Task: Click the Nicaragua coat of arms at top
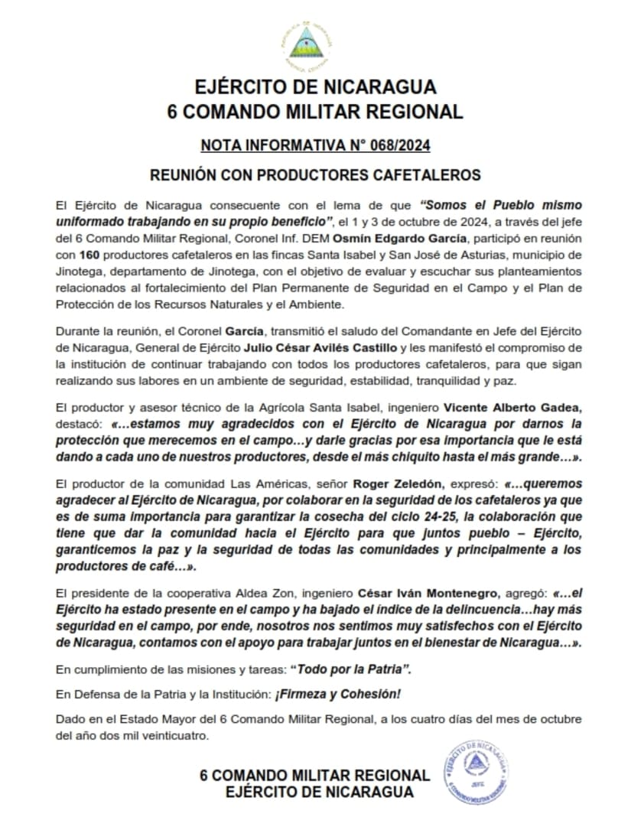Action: point(315,44)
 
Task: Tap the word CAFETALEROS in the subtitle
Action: point(418,175)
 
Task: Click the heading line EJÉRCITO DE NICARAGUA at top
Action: point(315,85)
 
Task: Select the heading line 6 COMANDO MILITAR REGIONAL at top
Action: point(315,111)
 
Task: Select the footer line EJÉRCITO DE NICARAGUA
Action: point(319,792)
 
